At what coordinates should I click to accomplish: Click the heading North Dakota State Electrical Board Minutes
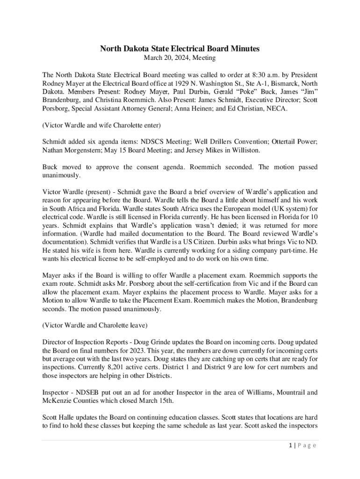[180, 49]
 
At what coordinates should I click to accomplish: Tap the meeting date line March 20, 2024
[180, 58]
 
